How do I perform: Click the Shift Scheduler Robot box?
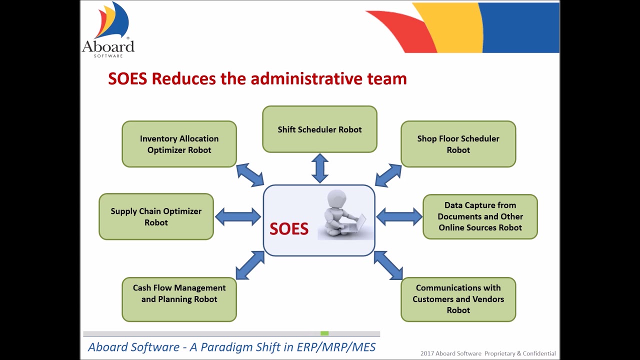pos(319,129)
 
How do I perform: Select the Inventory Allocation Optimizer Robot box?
pos(179,144)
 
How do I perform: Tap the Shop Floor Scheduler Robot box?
pos(458,144)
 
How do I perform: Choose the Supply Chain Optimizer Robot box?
pos(156,216)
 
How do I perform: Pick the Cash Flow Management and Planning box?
pos(179,299)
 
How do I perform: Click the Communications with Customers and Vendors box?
pos(458,299)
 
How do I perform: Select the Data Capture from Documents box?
pos(480,216)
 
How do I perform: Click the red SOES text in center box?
pos(289,229)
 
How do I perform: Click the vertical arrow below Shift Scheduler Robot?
pos(319,168)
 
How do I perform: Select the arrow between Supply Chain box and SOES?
pos(238,216)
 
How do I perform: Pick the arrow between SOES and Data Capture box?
pos(399,216)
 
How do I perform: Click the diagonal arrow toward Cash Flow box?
pos(249,265)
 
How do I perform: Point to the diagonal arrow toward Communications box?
pos(388,265)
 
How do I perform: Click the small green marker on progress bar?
pos(324,333)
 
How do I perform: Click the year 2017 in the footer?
pos(427,353)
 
